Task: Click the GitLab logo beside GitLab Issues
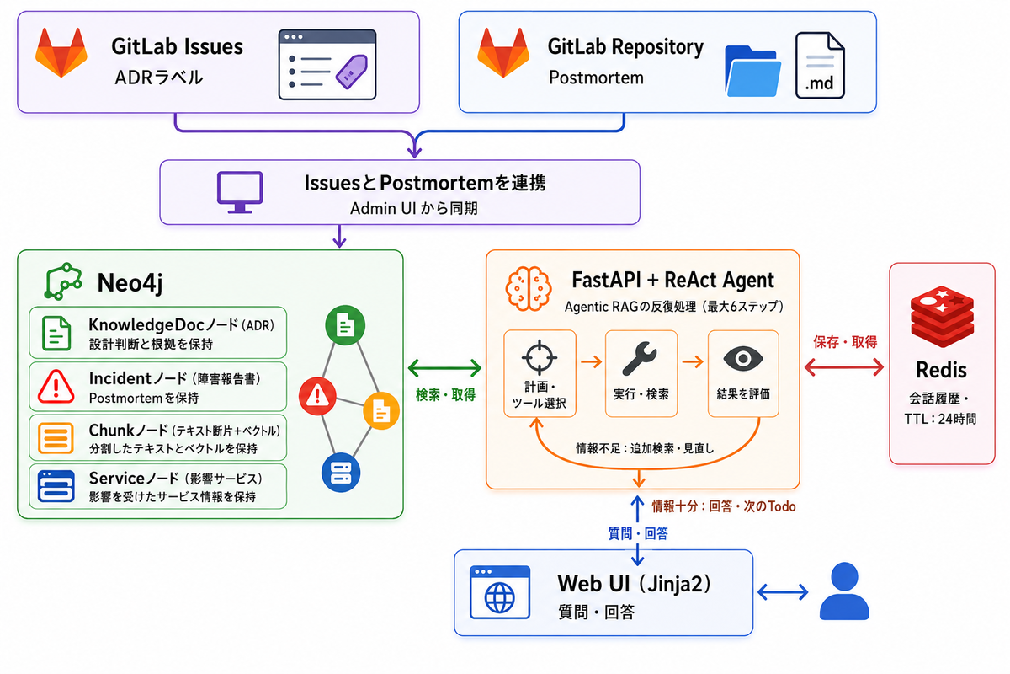pyautogui.click(x=61, y=53)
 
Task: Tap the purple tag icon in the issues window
pyautogui.click(x=352, y=72)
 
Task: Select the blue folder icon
pyautogui.click(x=752, y=72)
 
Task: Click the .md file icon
pyautogui.click(x=820, y=66)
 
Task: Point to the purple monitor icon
pyautogui.click(x=240, y=192)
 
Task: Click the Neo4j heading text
pyautogui.click(x=130, y=283)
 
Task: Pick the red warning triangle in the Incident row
pyautogui.click(x=56, y=387)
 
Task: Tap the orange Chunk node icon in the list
pyautogui.click(x=56, y=438)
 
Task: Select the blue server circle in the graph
pyautogui.click(x=341, y=472)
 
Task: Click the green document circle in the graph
pyautogui.click(x=345, y=325)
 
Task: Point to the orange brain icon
pyautogui.click(x=529, y=288)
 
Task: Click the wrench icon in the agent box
pyautogui.click(x=640, y=358)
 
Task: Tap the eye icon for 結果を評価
pyautogui.click(x=743, y=359)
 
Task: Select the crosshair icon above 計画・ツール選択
pyautogui.click(x=540, y=357)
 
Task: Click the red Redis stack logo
pyautogui.click(x=942, y=317)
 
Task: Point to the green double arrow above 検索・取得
pyautogui.click(x=444, y=368)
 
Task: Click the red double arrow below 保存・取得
pyautogui.click(x=844, y=367)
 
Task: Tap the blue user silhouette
pyautogui.click(x=844, y=591)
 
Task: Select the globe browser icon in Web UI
pyautogui.click(x=500, y=592)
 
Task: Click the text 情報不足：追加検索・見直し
pyautogui.click(x=645, y=448)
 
